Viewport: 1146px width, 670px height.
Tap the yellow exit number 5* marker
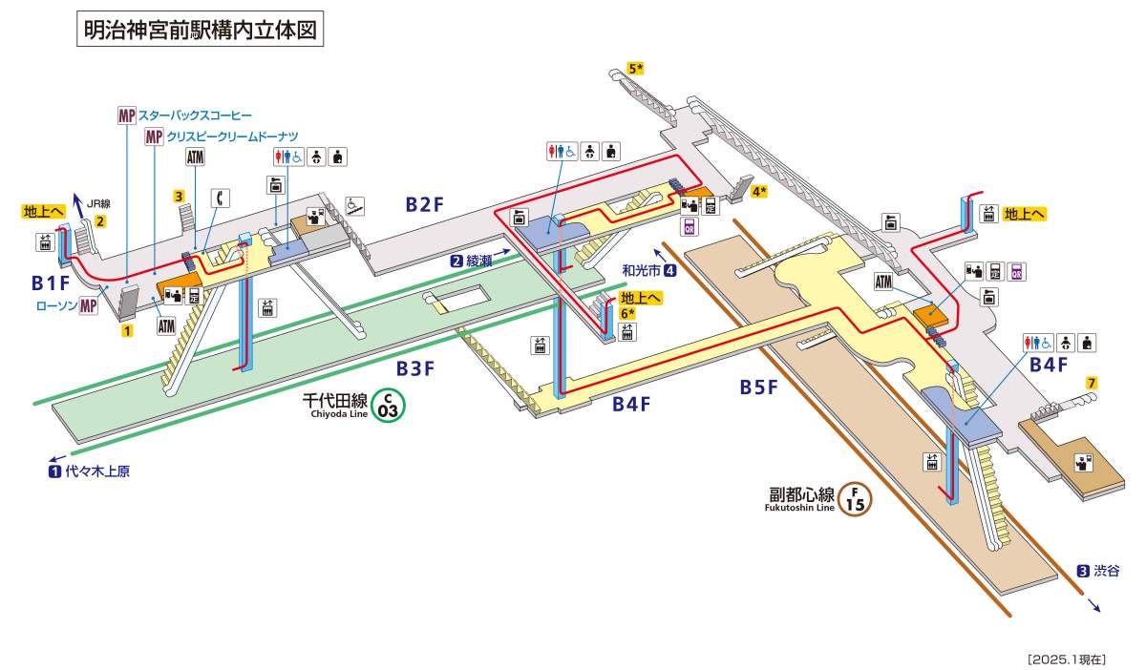(x=636, y=68)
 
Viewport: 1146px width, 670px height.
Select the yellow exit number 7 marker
(x=1092, y=383)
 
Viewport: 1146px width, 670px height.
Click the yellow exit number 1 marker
(x=126, y=331)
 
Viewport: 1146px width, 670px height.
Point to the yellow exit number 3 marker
(x=179, y=197)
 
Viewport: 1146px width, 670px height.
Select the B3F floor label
(x=417, y=367)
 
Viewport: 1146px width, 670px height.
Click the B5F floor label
(x=759, y=387)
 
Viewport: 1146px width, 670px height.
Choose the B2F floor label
(x=425, y=203)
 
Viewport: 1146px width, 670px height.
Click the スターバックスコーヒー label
(x=196, y=115)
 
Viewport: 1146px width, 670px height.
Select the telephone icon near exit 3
(x=221, y=198)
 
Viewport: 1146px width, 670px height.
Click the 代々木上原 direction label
(x=95, y=471)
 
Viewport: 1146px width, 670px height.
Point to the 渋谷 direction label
(x=1107, y=571)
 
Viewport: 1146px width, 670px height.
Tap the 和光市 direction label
(x=641, y=270)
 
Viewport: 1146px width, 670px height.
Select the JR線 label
(x=98, y=203)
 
